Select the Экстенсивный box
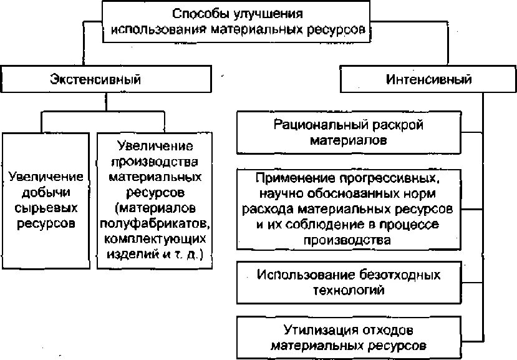pyautogui.click(x=95, y=80)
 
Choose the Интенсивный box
pyautogui.click(x=428, y=80)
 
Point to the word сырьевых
pyautogui.click(x=46, y=207)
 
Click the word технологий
pyautogui.click(x=349, y=290)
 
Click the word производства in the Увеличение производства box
pyautogui.click(x=155, y=162)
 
